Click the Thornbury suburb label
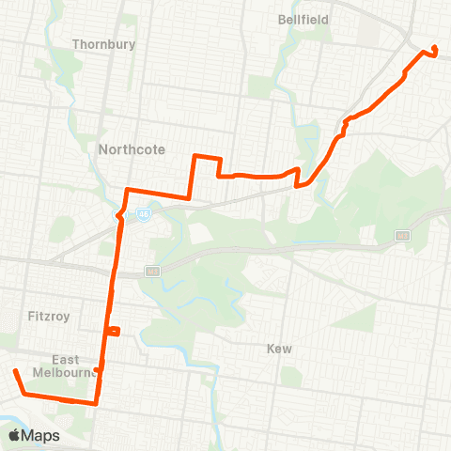[x=103, y=44]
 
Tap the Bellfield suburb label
[x=302, y=18]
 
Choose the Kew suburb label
[x=279, y=349]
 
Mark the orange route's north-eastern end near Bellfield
[x=434, y=49]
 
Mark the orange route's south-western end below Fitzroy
[x=15, y=372]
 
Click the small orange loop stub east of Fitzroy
[x=115, y=330]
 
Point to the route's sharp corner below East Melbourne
[x=96, y=403]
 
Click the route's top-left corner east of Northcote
[x=194, y=156]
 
